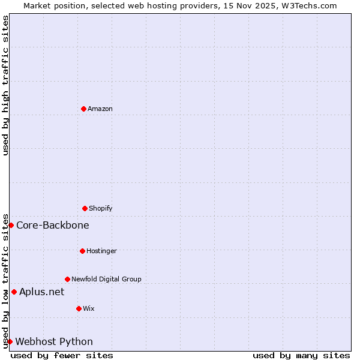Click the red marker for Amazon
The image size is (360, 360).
click(x=83, y=109)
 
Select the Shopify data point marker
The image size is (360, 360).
click(x=85, y=208)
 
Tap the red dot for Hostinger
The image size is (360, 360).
click(x=82, y=251)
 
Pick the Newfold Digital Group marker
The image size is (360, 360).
click(x=67, y=279)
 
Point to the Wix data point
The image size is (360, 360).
click(x=79, y=308)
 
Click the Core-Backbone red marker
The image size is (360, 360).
click(x=11, y=225)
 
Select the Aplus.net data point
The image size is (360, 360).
click(x=14, y=292)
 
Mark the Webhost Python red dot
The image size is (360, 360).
click(x=10, y=341)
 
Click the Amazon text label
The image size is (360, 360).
click(x=100, y=109)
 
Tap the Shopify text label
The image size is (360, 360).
click(x=101, y=208)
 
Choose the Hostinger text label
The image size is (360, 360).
click(x=101, y=251)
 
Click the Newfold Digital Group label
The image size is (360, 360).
click(x=106, y=279)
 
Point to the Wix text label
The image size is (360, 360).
click(x=89, y=308)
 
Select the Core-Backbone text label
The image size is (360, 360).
click(x=53, y=226)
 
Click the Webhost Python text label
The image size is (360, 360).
click(x=54, y=342)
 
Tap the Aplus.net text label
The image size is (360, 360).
click(x=41, y=292)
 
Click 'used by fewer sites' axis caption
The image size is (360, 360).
click(x=62, y=355)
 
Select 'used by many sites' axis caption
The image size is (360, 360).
click(x=301, y=355)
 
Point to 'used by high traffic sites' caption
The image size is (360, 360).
click(x=6, y=85)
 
